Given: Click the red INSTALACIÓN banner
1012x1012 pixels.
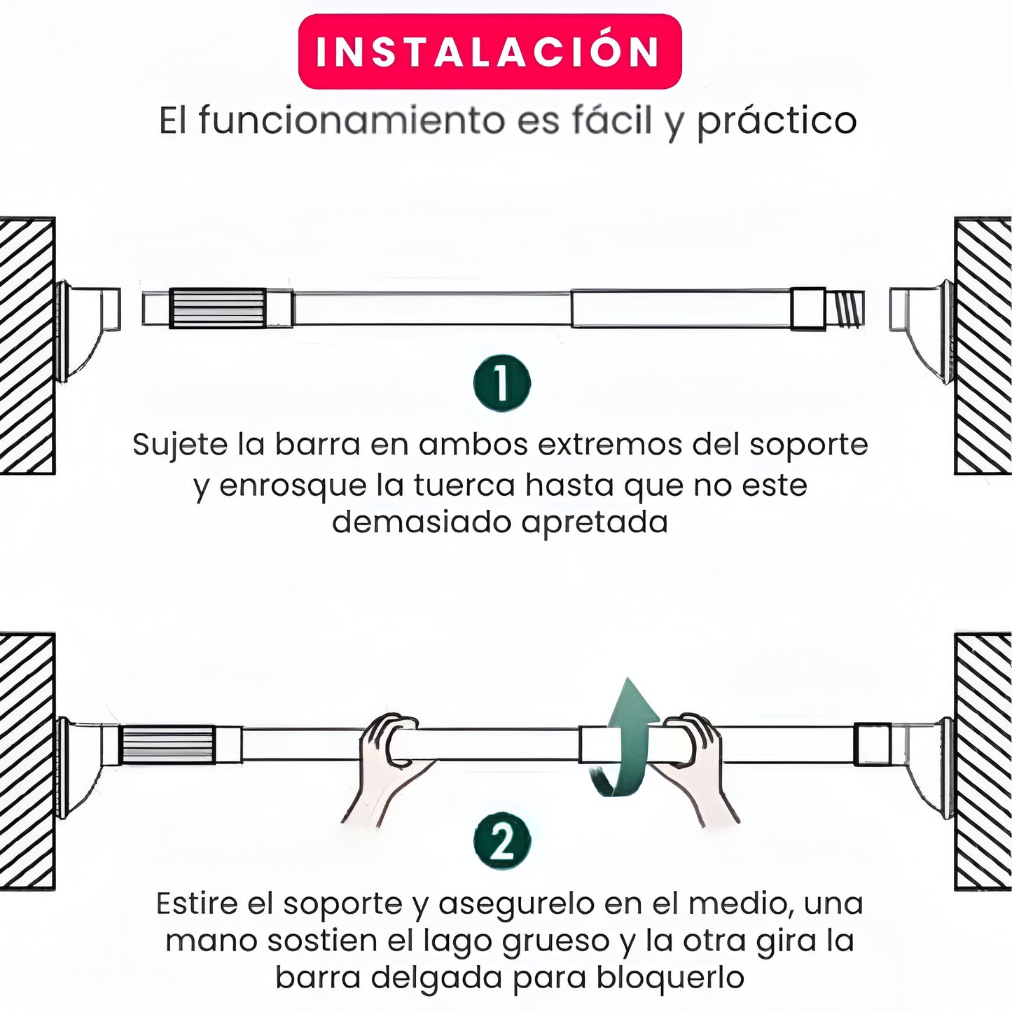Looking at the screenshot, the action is (490, 51).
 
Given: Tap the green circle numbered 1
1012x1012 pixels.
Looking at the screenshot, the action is (502, 383).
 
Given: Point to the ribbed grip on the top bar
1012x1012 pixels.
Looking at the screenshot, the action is (217, 308).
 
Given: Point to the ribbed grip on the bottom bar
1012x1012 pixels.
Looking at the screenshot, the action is (168, 744).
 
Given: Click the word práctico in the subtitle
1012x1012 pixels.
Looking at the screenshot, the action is (776, 123).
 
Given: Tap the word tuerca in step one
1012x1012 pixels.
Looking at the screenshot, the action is (464, 485).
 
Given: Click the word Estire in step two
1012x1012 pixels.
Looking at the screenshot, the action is (197, 904).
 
